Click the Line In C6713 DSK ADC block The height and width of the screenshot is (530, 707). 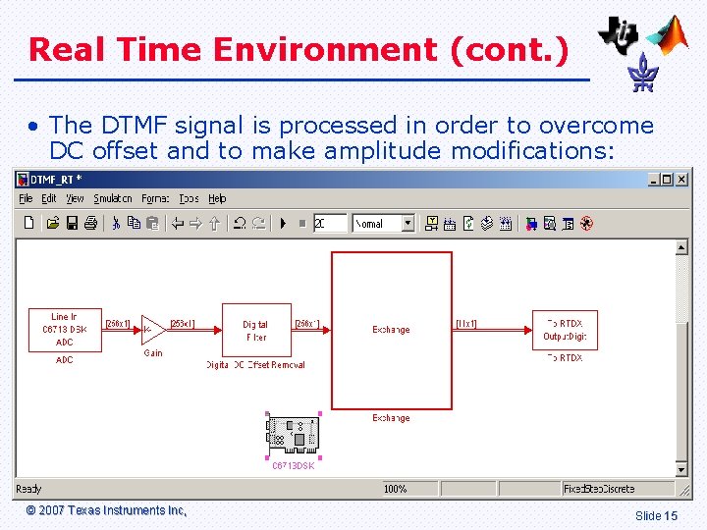[64, 330]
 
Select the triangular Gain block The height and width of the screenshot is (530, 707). [153, 330]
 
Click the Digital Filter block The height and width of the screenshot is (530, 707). [255, 330]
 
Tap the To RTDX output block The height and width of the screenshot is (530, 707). [565, 330]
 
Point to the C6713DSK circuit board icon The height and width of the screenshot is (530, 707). [293, 433]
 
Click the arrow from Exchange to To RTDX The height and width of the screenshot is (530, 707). [492, 330]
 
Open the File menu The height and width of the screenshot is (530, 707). [26, 199]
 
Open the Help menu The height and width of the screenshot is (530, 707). [217, 199]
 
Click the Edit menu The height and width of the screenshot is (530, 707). [48, 199]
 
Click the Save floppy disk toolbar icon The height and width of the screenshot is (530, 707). [72, 224]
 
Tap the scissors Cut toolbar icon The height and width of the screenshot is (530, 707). [116, 224]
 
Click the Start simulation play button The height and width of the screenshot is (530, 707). [283, 224]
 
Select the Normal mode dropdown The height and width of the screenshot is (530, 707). [383, 224]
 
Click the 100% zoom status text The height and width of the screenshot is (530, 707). [395, 489]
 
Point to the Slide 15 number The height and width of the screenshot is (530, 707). [656, 515]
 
